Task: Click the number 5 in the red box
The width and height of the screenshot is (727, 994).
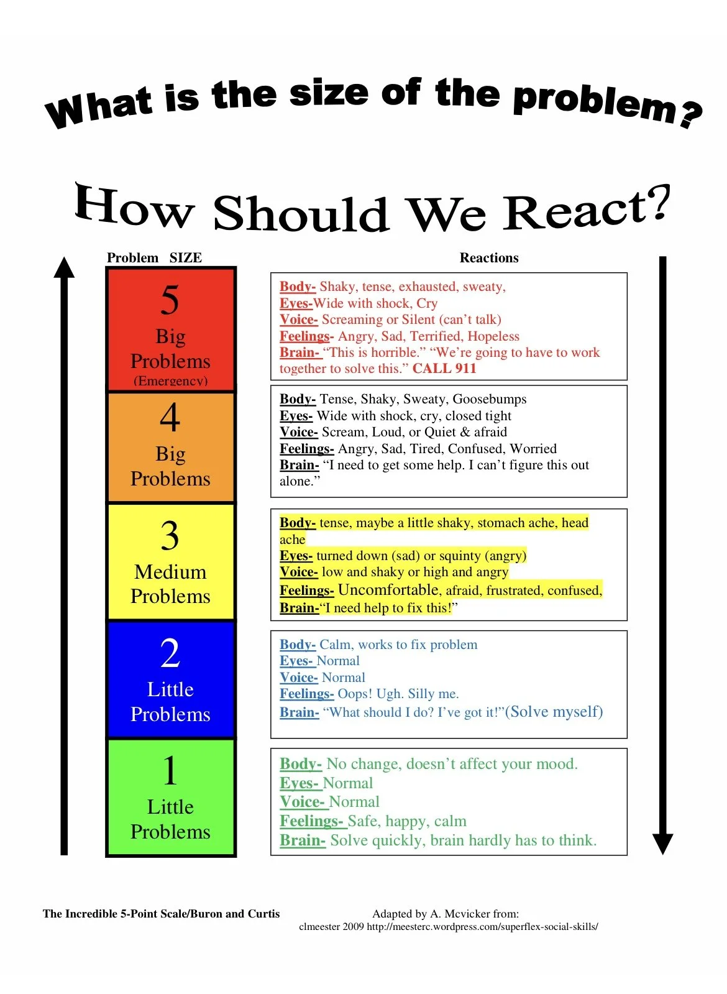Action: (170, 300)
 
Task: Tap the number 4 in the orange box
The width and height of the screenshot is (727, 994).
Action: (170, 417)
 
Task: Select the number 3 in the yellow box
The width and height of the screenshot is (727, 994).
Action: (170, 535)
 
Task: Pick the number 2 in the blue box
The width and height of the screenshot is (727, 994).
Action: (170, 653)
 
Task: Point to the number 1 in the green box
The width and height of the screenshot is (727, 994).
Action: (170, 771)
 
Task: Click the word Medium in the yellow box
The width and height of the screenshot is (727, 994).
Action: (170, 572)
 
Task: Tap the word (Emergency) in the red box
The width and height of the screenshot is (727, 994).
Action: (170, 380)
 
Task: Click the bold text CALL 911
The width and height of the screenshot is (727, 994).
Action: (444, 369)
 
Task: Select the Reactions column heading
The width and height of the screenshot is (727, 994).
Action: (489, 258)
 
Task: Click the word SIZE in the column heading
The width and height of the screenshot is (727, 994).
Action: (186, 258)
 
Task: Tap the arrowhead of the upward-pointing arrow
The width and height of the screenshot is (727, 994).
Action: (64, 268)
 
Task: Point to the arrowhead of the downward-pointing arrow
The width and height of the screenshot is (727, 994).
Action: (662, 844)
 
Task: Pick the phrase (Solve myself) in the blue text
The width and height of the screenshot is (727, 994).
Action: (554, 712)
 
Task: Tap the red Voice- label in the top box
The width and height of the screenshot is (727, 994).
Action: (298, 320)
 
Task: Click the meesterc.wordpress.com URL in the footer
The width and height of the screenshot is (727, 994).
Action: (482, 927)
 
